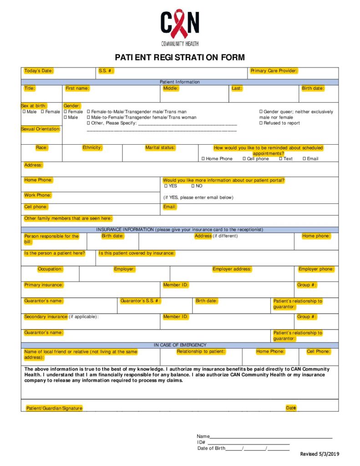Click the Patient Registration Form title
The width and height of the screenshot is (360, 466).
[x=180, y=57]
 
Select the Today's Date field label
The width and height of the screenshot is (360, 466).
[x=39, y=71]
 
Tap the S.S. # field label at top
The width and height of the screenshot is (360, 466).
[x=106, y=71]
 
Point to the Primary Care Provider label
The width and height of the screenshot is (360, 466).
[x=274, y=71]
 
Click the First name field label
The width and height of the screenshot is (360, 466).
[x=77, y=88]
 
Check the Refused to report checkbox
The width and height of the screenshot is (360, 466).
[x=261, y=123]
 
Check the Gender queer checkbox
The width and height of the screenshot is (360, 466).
[x=261, y=112]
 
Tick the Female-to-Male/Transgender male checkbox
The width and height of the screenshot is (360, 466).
[x=89, y=112]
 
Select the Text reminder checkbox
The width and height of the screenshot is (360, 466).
[x=281, y=159]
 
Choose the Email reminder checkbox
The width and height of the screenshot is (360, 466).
[x=304, y=159]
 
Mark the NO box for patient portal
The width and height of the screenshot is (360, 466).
[x=193, y=186]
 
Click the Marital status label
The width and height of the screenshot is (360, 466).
[x=160, y=147]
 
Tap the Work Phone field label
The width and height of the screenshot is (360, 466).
[x=38, y=195]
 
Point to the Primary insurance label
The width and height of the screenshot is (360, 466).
[x=44, y=285]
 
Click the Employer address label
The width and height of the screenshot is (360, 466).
[x=232, y=269]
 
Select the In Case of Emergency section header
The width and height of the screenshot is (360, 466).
[x=180, y=345]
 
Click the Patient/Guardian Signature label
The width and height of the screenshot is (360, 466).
[x=54, y=408]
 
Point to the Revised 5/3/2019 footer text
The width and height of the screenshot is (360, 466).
[x=319, y=454]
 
